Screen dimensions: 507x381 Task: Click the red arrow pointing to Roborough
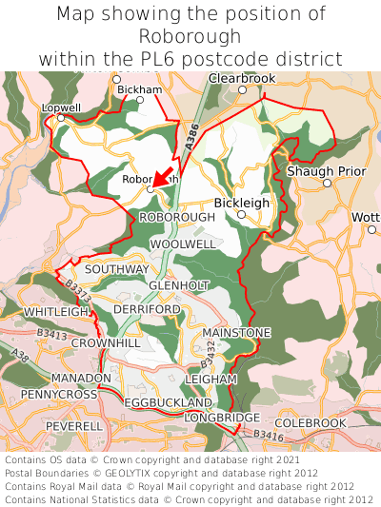click(x=164, y=176)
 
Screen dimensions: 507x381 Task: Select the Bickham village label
click(x=134, y=89)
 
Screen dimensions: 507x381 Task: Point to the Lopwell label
click(x=61, y=108)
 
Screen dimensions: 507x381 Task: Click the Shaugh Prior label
click(x=326, y=170)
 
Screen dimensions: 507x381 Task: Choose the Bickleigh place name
click(x=241, y=203)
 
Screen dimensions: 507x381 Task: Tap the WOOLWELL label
click(x=182, y=244)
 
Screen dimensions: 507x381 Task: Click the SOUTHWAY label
click(x=117, y=269)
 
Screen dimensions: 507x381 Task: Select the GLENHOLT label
click(x=179, y=285)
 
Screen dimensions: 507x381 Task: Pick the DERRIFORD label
click(x=147, y=310)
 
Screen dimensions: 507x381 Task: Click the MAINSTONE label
click(x=236, y=332)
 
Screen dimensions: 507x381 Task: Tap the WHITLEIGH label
click(x=55, y=312)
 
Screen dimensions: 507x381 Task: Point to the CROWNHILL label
click(x=106, y=342)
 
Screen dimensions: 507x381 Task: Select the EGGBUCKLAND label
click(x=167, y=403)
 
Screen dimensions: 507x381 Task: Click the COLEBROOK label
click(x=311, y=422)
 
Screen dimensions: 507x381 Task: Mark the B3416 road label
click(x=269, y=436)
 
